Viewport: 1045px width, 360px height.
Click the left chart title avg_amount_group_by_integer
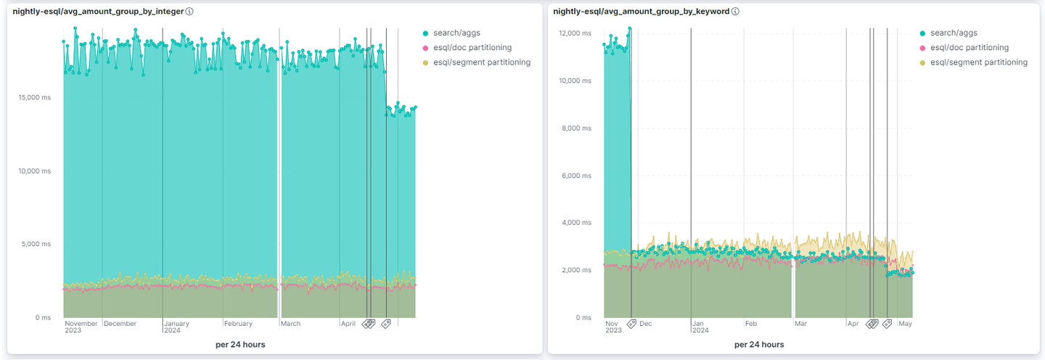click(98, 12)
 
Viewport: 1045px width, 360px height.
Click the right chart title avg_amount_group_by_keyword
click(642, 12)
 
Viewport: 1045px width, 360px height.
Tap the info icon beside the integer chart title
click(189, 12)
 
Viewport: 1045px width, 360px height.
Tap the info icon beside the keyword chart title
click(735, 12)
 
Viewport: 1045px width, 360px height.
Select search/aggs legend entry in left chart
click(456, 33)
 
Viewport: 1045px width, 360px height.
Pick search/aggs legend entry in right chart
click(954, 33)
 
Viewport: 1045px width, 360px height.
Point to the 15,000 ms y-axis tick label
click(34, 97)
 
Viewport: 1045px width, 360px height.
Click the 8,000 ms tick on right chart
click(577, 128)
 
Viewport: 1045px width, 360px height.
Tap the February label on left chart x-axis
click(238, 324)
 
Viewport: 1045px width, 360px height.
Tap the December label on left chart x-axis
click(120, 324)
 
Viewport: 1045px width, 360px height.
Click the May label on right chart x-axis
click(905, 324)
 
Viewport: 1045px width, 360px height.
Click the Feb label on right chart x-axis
click(751, 324)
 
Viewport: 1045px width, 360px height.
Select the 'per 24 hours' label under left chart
click(240, 344)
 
